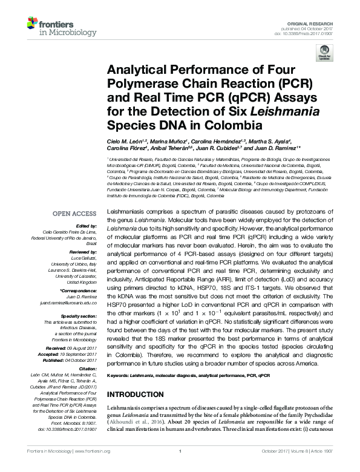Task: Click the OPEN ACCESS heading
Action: pos(74,214)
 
